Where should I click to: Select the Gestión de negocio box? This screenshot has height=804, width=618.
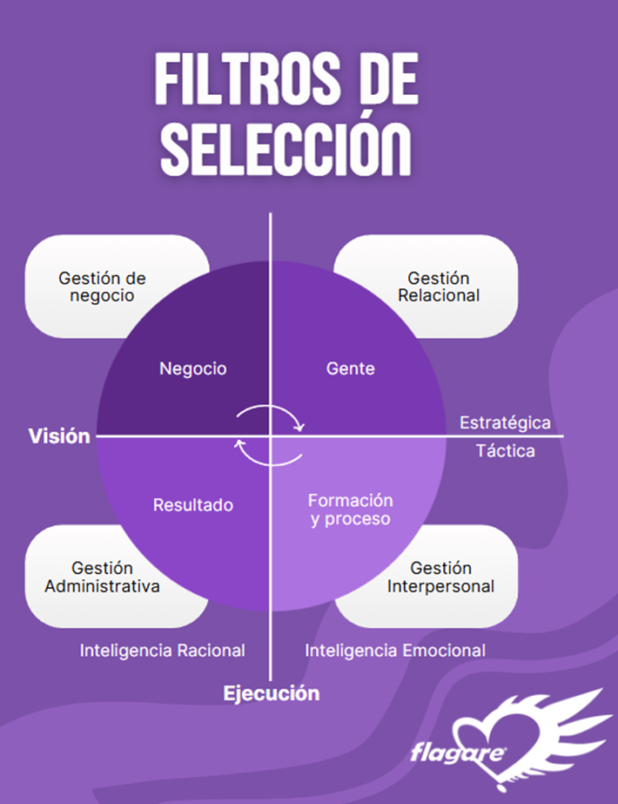click(102, 287)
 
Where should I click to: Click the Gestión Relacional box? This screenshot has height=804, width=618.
click(439, 287)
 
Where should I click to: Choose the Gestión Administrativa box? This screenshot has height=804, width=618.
click(102, 577)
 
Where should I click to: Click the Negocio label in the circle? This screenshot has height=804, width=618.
click(192, 368)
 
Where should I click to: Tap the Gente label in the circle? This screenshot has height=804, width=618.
click(350, 368)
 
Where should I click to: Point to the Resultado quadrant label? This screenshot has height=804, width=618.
click(193, 504)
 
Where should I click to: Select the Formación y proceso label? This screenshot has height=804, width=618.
click(350, 510)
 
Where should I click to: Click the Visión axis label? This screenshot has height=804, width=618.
click(59, 436)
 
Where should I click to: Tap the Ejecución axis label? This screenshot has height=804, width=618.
click(272, 693)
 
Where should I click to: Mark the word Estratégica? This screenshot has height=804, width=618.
click(505, 423)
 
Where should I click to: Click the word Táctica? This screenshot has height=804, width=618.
click(506, 450)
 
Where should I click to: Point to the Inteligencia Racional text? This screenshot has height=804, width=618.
click(163, 650)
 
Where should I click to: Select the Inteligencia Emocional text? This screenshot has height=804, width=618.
click(395, 650)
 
